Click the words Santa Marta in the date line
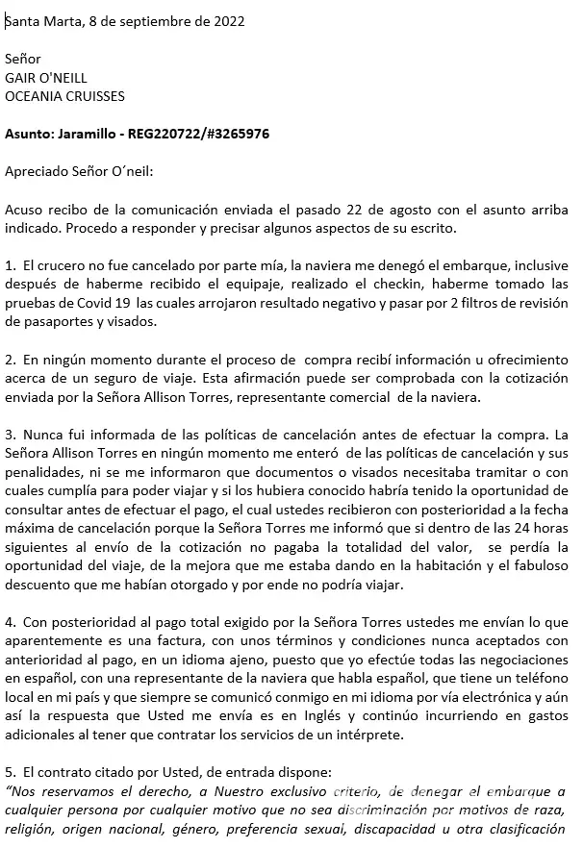click(39, 21)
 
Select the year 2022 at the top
click(228, 21)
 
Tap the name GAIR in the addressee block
click(23, 78)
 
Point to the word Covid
click(80, 302)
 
